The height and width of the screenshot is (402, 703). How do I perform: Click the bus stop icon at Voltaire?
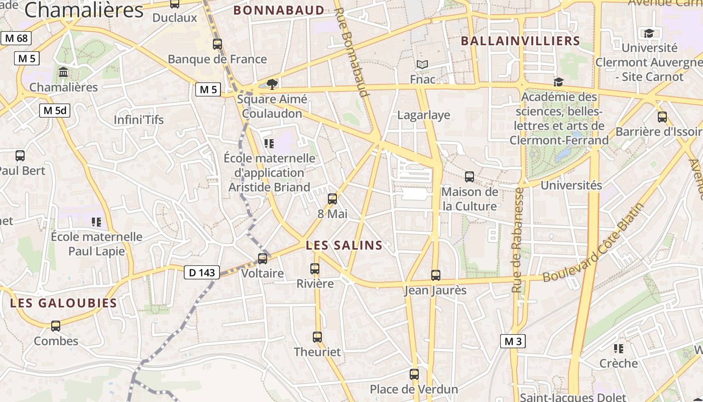coord(263,259)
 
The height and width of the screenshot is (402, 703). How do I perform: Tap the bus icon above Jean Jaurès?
coord(435,275)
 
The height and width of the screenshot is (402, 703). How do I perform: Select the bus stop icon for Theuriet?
coord(317,337)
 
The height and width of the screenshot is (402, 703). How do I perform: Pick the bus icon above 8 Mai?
coord(332,199)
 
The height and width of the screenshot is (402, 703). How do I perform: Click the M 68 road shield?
coord(16,38)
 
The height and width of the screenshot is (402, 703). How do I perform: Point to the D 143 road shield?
coord(202,272)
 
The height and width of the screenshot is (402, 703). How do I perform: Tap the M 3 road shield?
coord(513,342)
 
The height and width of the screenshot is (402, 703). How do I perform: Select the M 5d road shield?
coord(55,111)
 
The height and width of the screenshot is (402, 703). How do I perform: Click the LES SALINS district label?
coord(344,246)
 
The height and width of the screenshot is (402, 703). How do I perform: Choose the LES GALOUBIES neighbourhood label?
coord(63,303)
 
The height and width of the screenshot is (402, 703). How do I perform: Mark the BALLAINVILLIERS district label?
coord(520,41)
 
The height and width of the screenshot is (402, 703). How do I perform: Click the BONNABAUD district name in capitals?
coord(279,11)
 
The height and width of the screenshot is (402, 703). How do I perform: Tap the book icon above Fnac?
coord(422,65)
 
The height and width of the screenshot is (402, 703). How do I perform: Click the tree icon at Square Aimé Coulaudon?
coord(272,83)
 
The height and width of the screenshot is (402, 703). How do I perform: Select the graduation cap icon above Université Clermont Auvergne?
coord(649,34)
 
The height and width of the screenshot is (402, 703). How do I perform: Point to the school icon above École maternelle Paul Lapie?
coord(96,222)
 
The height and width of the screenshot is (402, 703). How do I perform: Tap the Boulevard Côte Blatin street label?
coord(594,243)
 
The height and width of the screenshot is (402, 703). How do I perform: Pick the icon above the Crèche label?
coord(619,348)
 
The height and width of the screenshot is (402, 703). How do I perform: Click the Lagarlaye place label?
coord(423,115)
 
